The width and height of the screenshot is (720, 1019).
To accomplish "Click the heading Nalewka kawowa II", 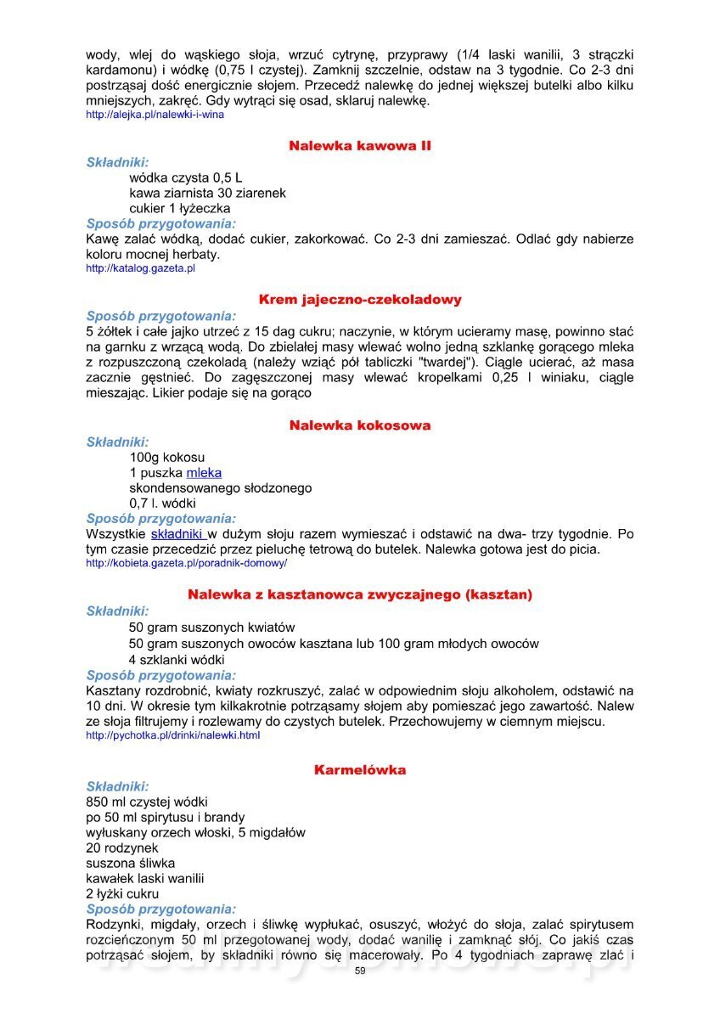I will [x=360, y=146].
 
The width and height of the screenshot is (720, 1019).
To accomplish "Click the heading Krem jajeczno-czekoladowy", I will [x=360, y=300].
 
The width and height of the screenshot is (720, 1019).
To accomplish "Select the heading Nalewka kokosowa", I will [x=360, y=425].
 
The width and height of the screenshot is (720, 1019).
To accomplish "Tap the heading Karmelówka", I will [x=360, y=770].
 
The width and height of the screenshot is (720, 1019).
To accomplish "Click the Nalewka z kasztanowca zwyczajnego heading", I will [x=360, y=594].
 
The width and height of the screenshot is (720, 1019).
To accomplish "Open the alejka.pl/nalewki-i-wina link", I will [x=155, y=115].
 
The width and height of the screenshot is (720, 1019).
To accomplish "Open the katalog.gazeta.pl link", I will [x=141, y=268].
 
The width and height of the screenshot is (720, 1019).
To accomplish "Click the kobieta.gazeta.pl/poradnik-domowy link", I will [x=187, y=563].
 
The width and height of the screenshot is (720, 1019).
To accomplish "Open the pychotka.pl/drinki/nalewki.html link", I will [x=173, y=735].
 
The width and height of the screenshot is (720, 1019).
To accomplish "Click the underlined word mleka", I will [x=204, y=473].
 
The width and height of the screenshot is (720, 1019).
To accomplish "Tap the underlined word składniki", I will [x=178, y=535].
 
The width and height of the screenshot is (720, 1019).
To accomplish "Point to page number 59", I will [x=360, y=971].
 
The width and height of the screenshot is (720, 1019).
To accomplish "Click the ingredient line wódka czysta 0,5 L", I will [x=186, y=177].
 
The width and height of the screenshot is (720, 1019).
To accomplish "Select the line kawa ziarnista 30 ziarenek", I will [x=207, y=193].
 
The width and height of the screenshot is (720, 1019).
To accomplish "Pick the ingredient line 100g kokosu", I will [x=167, y=458].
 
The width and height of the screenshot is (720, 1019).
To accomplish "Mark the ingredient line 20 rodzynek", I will [x=122, y=847].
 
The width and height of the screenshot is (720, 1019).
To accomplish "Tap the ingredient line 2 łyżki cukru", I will [x=122, y=893].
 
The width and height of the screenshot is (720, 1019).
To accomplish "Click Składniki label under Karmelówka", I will [x=118, y=786].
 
